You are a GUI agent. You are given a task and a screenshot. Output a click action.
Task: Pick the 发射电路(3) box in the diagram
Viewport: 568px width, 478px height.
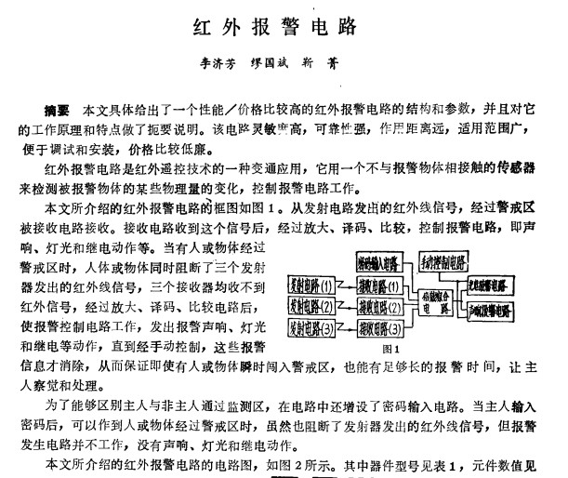coord(312,327)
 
